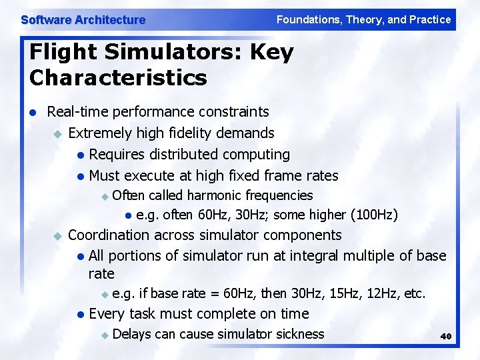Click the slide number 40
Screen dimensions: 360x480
coord(446,337)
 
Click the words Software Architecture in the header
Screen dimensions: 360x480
coord(83,20)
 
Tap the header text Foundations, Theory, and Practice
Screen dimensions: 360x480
coord(363,19)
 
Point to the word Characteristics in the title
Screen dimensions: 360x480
coord(118,78)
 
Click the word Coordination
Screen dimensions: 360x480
coord(109,235)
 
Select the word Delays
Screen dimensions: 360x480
coord(132,334)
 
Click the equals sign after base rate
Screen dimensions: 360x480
coord(213,293)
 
